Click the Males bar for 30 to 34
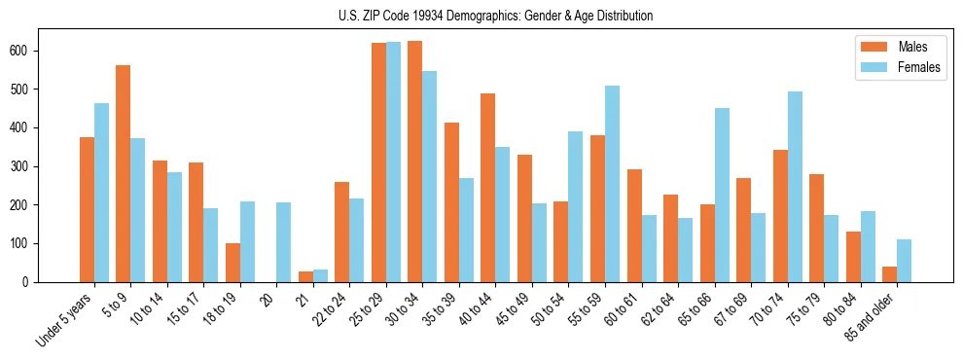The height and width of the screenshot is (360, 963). [x=415, y=162]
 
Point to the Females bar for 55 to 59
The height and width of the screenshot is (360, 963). [x=612, y=184]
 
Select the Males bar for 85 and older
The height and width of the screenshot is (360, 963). [x=889, y=274]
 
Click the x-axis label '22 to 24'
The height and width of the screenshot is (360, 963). [x=332, y=310]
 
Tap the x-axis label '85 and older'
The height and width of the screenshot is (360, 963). [x=872, y=318]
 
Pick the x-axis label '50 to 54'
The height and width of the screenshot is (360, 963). [x=551, y=310]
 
